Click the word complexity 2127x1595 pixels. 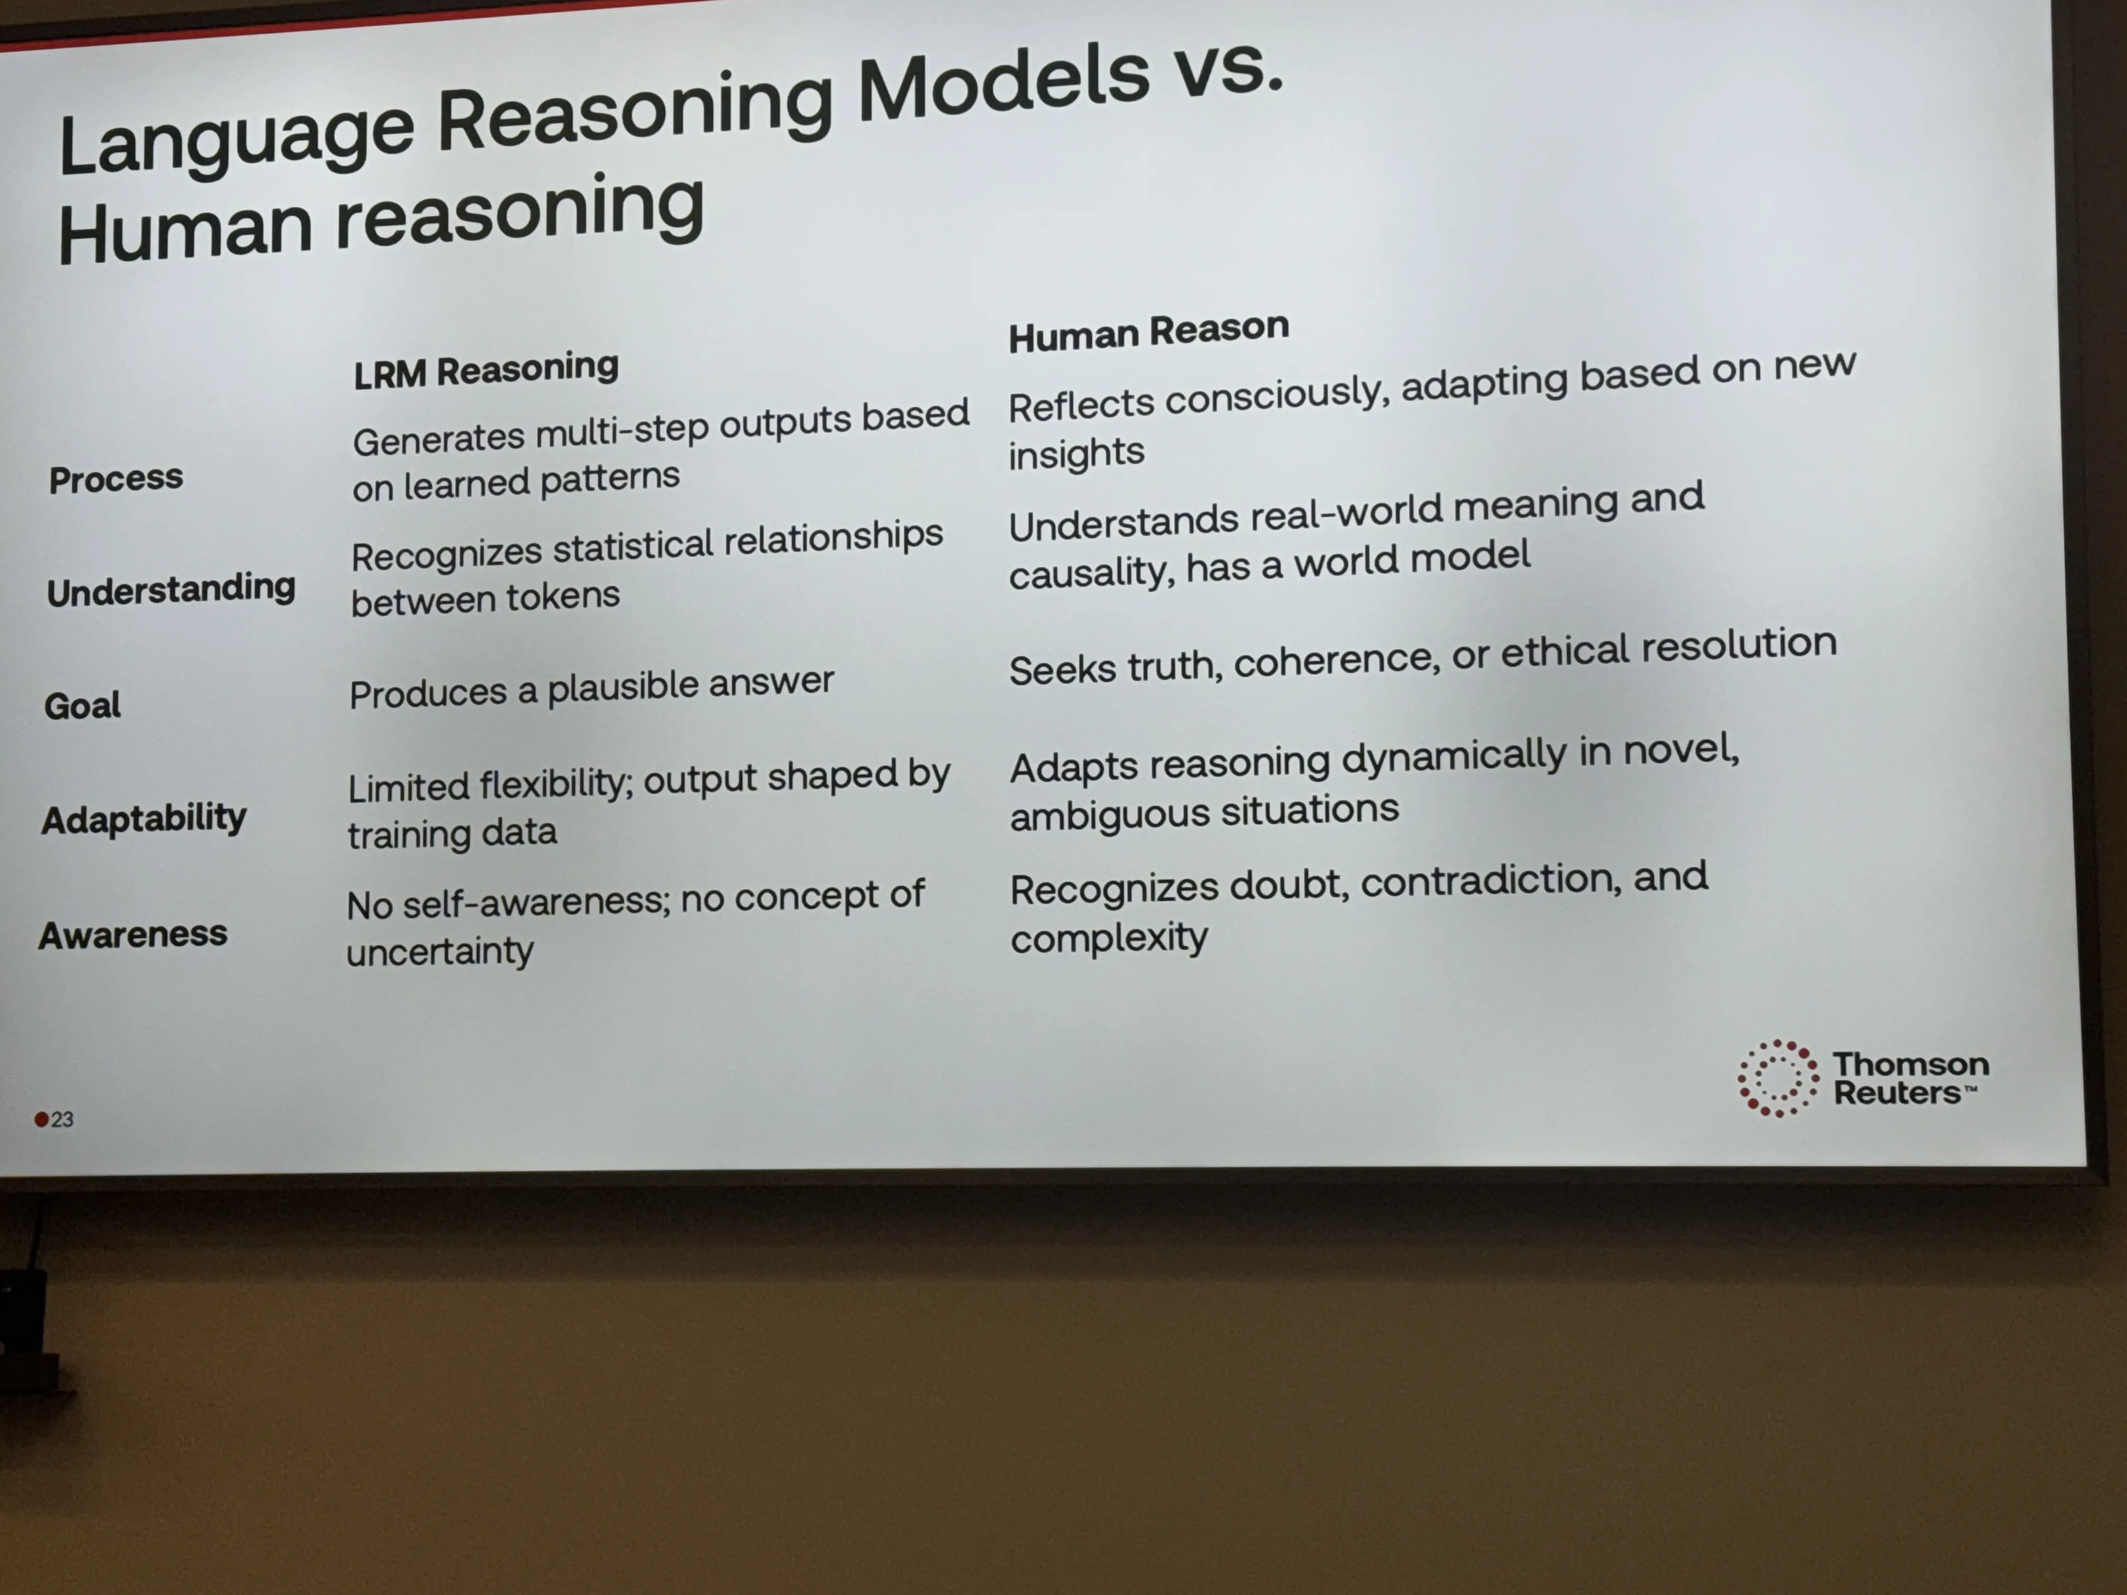(1109, 936)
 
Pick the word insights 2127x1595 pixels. (1076, 453)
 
